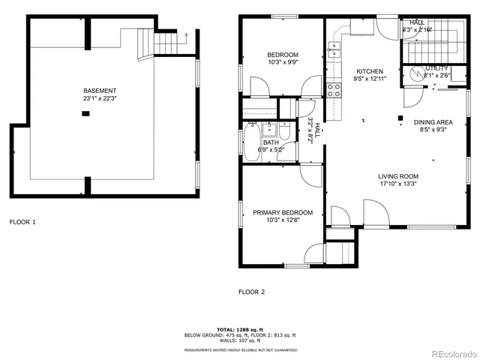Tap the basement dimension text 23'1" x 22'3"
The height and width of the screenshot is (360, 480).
100,97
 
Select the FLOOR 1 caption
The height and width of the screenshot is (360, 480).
22,222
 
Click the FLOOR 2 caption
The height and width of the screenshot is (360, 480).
252,292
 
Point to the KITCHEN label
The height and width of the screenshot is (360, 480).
369,71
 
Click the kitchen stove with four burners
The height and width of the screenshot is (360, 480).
334,91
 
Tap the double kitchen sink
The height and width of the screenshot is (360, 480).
334,51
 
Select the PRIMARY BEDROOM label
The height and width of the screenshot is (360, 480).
283,211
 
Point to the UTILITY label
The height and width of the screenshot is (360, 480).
437,67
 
